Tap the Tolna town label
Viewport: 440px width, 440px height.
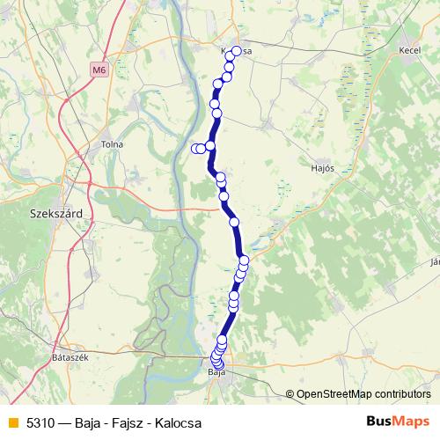[x=113, y=144]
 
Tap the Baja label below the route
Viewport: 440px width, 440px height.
[x=216, y=375]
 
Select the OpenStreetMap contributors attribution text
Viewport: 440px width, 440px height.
[x=363, y=394]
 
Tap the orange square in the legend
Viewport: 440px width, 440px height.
[x=11, y=422]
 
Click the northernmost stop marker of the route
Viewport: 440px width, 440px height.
[x=235, y=52]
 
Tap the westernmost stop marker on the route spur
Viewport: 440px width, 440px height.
[x=196, y=149]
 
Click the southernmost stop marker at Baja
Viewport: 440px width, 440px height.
[x=218, y=363]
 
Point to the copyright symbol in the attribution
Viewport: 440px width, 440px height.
[x=290, y=394]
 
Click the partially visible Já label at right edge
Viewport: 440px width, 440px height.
[x=434, y=261]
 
